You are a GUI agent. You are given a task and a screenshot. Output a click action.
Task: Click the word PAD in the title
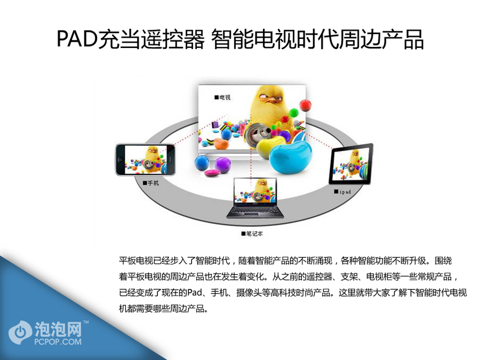[x=77, y=39]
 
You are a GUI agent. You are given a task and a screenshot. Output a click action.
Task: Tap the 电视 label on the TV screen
[x=222, y=97]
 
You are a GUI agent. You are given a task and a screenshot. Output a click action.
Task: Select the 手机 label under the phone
[x=151, y=183]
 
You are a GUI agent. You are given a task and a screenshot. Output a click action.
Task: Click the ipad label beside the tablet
[x=343, y=192]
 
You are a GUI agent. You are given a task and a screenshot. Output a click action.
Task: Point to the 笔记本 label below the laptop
[x=252, y=234]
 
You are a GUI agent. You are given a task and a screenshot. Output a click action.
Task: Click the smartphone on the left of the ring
[x=145, y=159]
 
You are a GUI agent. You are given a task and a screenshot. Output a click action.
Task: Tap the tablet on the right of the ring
[x=351, y=164]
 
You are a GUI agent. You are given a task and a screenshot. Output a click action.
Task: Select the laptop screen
[x=255, y=190]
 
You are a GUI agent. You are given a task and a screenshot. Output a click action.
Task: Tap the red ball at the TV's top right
[x=305, y=105]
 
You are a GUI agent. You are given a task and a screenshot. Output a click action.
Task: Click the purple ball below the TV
[x=223, y=164]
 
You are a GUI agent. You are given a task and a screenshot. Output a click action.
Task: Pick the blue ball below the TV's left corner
[x=202, y=162]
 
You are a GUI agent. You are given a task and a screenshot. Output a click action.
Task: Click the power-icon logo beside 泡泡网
[x=20, y=333]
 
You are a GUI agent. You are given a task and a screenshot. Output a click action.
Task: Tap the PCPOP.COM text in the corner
[x=58, y=341]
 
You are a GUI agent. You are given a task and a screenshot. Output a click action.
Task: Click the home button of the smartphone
[x=120, y=160]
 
